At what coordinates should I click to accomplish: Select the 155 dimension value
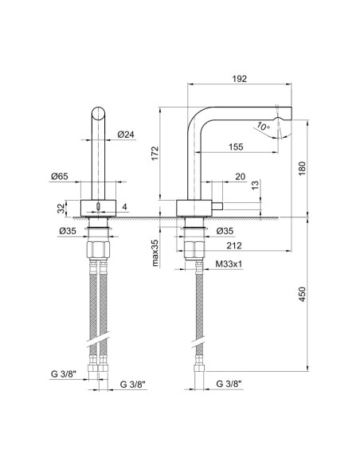point(236,146)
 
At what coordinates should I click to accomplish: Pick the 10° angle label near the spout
point(263,126)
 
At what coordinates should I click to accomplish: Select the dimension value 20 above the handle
point(240,177)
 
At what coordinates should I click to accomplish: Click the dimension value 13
point(254,187)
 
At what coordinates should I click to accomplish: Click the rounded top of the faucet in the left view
point(99,110)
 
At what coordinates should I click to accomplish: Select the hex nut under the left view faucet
point(99,248)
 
